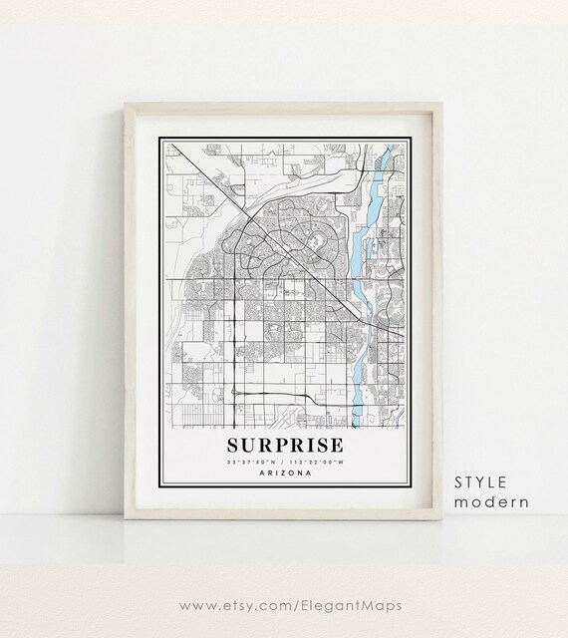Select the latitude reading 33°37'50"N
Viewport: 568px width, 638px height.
click(253, 462)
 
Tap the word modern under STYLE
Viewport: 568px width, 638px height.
click(491, 501)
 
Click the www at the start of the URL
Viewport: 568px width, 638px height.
click(199, 604)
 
